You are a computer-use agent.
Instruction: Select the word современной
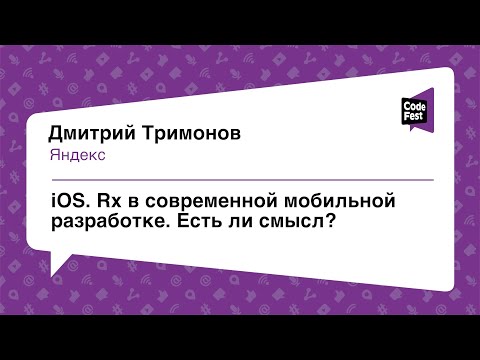(x=213, y=201)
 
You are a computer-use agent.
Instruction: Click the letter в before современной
(x=134, y=202)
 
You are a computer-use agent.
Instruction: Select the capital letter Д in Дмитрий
(x=57, y=135)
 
